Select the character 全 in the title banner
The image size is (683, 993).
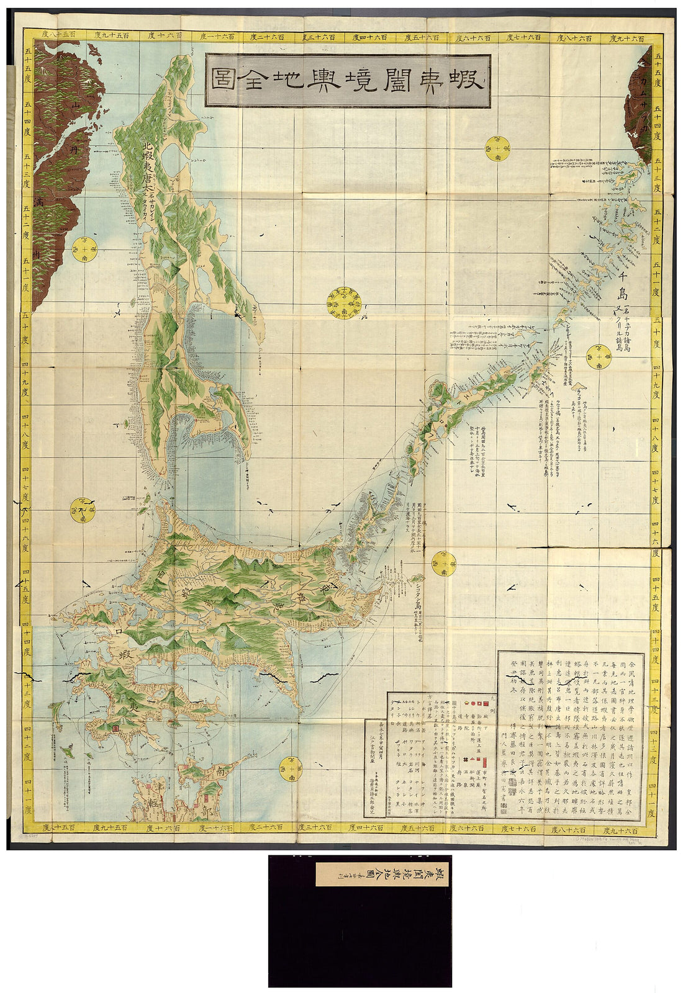261,81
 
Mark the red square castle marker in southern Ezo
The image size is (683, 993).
115,724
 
